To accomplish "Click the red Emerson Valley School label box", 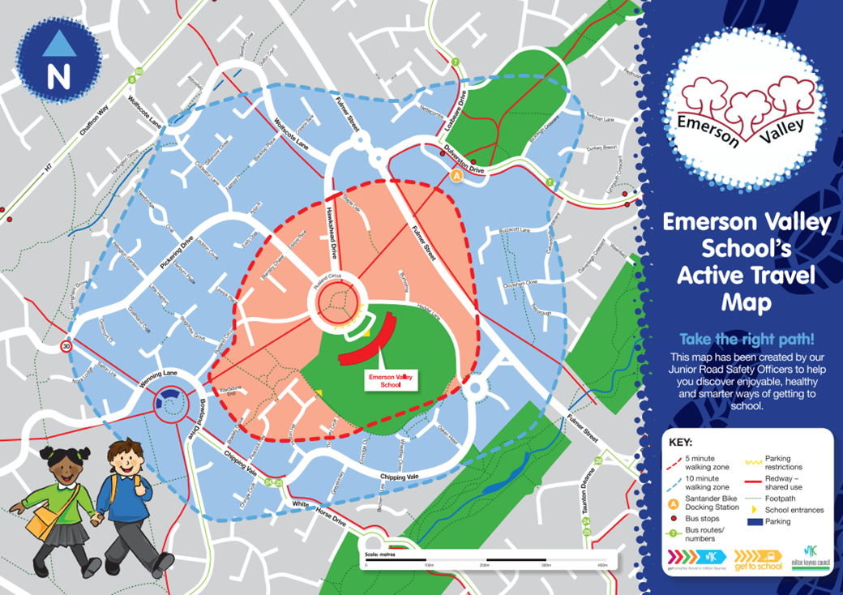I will (385, 381).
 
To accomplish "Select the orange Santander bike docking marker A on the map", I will (457, 175).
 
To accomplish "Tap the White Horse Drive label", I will (316, 513).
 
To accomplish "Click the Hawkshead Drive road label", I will (331, 229).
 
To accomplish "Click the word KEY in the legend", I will (681, 443).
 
